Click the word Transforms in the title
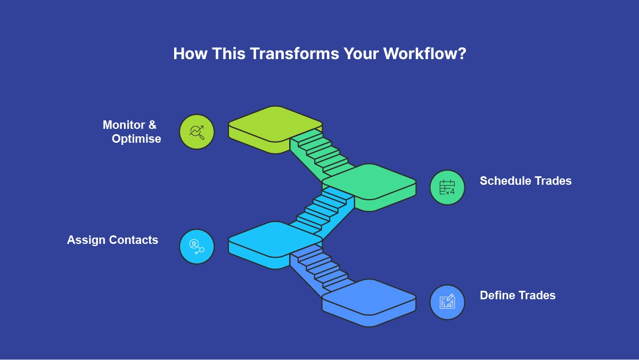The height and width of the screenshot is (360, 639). click(x=294, y=53)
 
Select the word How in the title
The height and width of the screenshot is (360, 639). click(x=190, y=53)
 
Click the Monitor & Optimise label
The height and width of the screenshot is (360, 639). click(x=132, y=132)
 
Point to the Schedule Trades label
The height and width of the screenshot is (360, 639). click(x=526, y=181)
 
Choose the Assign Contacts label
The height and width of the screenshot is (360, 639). click(x=112, y=240)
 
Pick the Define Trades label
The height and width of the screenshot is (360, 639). click(x=518, y=296)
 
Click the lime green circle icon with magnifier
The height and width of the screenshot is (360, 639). click(x=197, y=132)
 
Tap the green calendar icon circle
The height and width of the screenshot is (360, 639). click(x=447, y=187)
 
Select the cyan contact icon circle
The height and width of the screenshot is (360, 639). click(x=197, y=247)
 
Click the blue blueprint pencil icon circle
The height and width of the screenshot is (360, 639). click(x=447, y=302)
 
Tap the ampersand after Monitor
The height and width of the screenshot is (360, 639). click(x=152, y=125)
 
